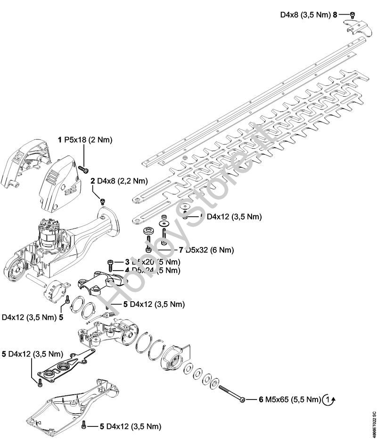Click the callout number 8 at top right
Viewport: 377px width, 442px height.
(x=335, y=15)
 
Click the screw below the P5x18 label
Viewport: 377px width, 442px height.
(x=85, y=169)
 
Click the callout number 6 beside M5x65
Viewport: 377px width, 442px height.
(x=261, y=399)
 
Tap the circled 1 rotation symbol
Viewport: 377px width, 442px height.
(x=329, y=400)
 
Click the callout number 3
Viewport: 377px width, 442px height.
(x=127, y=262)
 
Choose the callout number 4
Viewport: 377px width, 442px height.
(x=127, y=270)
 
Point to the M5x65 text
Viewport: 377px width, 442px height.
(x=278, y=399)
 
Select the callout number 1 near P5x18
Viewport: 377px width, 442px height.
(x=60, y=140)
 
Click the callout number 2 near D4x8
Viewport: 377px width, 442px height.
(x=93, y=181)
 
